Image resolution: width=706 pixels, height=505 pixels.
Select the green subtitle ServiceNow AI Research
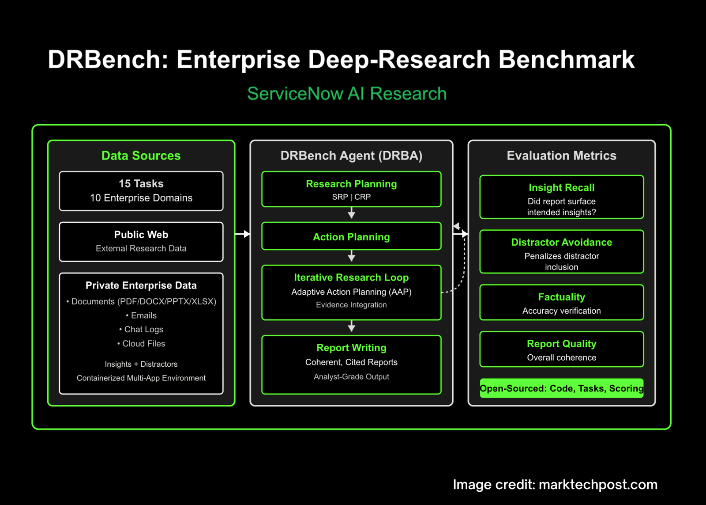click(x=347, y=93)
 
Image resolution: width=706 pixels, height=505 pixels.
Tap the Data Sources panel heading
click(x=141, y=156)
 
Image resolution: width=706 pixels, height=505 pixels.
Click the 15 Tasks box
click(x=141, y=191)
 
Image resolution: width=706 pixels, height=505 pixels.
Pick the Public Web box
click(x=141, y=242)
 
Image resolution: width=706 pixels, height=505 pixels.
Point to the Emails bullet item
click(x=141, y=315)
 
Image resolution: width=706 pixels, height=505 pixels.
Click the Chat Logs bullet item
click(x=141, y=329)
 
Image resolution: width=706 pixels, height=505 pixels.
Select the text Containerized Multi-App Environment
click(x=141, y=378)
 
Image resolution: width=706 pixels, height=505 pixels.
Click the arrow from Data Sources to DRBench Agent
click(x=242, y=234)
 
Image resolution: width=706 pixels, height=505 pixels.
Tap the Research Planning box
click(x=351, y=190)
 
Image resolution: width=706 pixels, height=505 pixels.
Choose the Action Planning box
click(x=351, y=236)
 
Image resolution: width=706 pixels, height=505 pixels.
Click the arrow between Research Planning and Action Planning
click(x=351, y=213)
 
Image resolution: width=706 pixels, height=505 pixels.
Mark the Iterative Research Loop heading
click(x=351, y=277)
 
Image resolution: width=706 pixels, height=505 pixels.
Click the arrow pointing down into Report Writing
click(x=351, y=326)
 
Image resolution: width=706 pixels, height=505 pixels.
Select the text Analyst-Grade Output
click(x=351, y=376)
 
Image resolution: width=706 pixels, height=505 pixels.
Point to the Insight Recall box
click(x=562, y=197)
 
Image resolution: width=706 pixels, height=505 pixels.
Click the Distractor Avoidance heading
click(x=562, y=242)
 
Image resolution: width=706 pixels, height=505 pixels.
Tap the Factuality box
click(x=562, y=302)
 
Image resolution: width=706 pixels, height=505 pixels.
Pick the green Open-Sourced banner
click(x=562, y=388)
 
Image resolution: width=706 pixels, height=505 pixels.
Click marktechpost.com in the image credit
click(x=598, y=485)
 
